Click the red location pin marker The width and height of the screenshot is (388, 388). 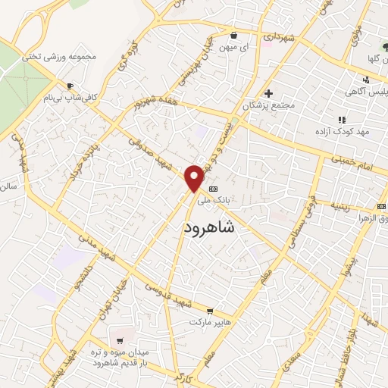194,178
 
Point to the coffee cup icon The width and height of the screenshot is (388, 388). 70,86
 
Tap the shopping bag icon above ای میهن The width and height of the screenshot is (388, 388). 233,35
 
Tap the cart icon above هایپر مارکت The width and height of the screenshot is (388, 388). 210,311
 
